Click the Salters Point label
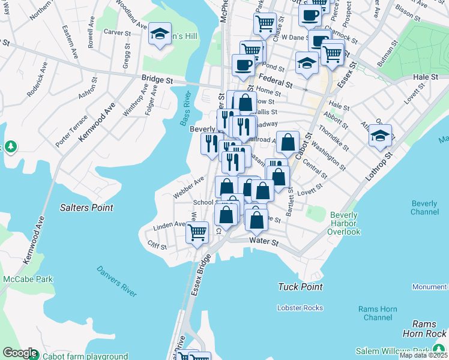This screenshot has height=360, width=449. pyautogui.click(x=86, y=208)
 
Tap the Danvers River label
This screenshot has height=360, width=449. pyautogui.click(x=116, y=281)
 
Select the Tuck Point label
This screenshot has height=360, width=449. pyautogui.click(x=300, y=287)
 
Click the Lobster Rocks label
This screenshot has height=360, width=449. pyautogui.click(x=300, y=308)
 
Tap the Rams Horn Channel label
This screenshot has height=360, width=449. pyautogui.click(x=378, y=313)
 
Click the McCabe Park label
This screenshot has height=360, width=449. pyautogui.click(x=27, y=279)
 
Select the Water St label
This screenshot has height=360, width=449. pyautogui.click(x=264, y=242)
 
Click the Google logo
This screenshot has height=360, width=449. pyautogui.click(x=20, y=353)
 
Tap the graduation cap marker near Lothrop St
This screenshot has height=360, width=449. pyautogui.click(x=381, y=136)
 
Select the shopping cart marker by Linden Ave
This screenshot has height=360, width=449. pyautogui.click(x=197, y=231)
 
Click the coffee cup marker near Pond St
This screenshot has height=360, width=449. pyautogui.click(x=243, y=65)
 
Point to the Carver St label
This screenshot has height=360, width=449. pyautogui.click(x=117, y=32)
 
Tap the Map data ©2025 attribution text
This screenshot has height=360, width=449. pyautogui.click(x=423, y=355)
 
